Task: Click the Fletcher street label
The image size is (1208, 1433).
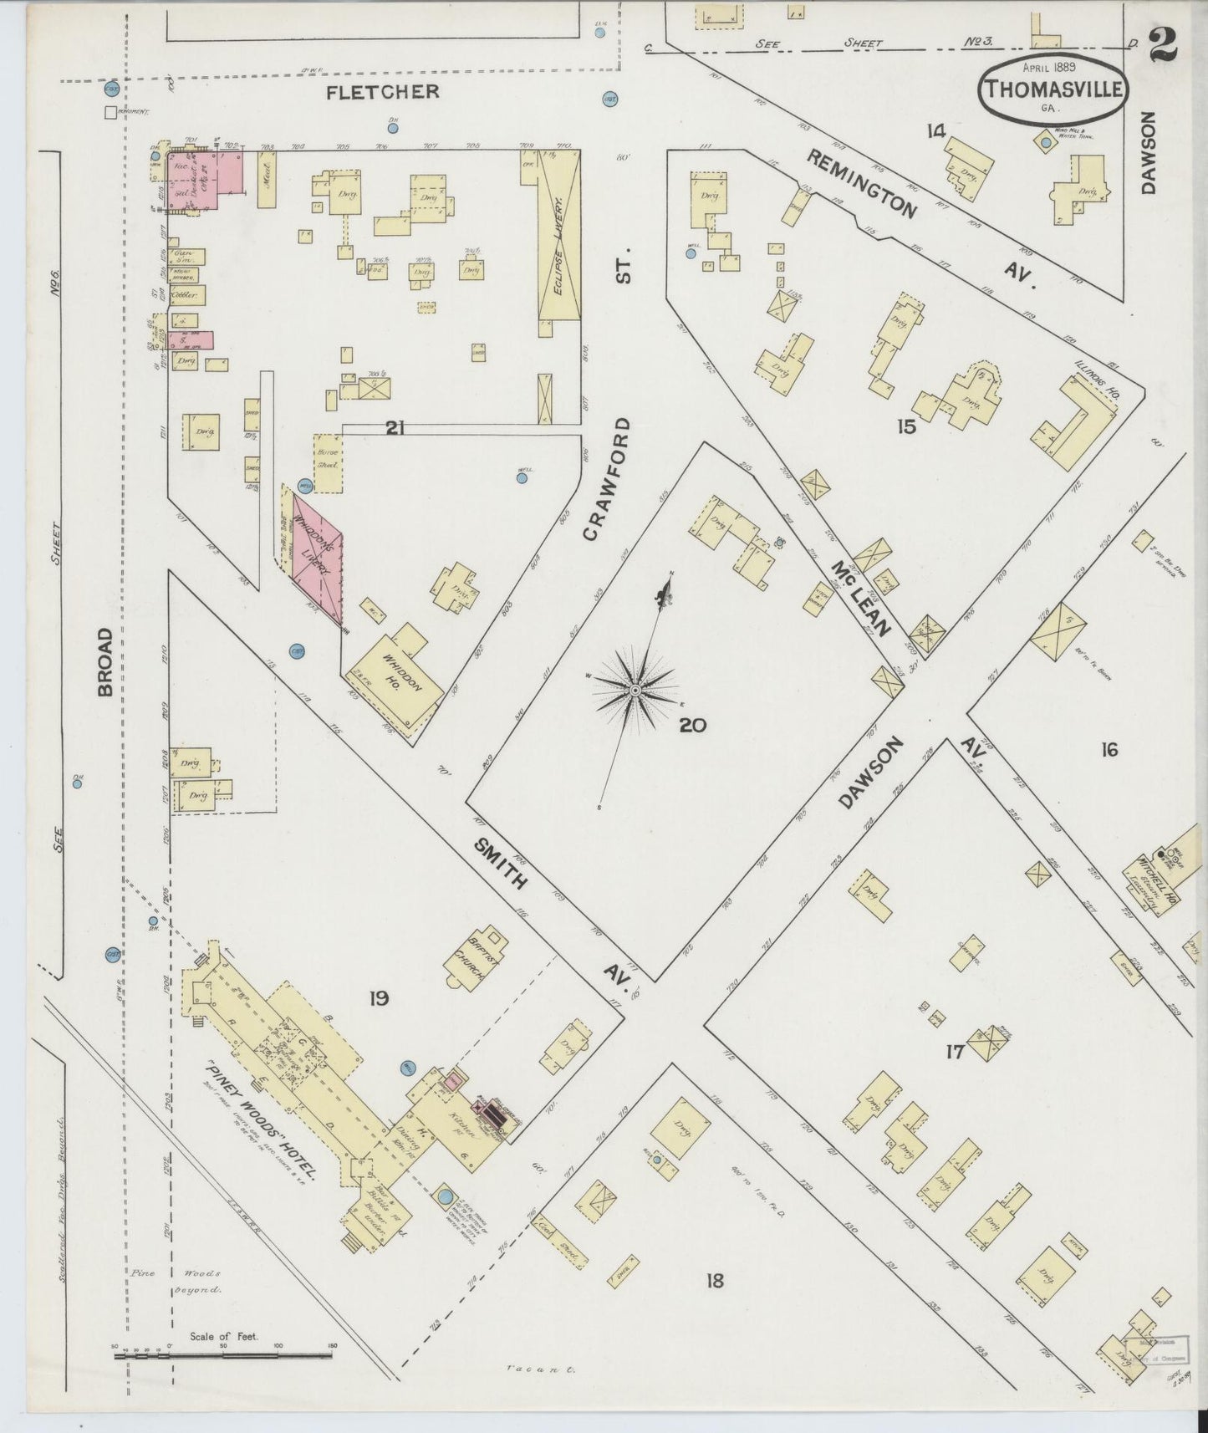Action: tap(382, 92)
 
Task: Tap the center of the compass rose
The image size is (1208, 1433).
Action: tap(635, 689)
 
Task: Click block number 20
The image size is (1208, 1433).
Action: tap(692, 725)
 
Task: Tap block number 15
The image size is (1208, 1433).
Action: tap(906, 427)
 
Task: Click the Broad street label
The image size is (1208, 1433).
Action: tap(104, 663)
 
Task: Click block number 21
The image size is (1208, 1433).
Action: tap(395, 428)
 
